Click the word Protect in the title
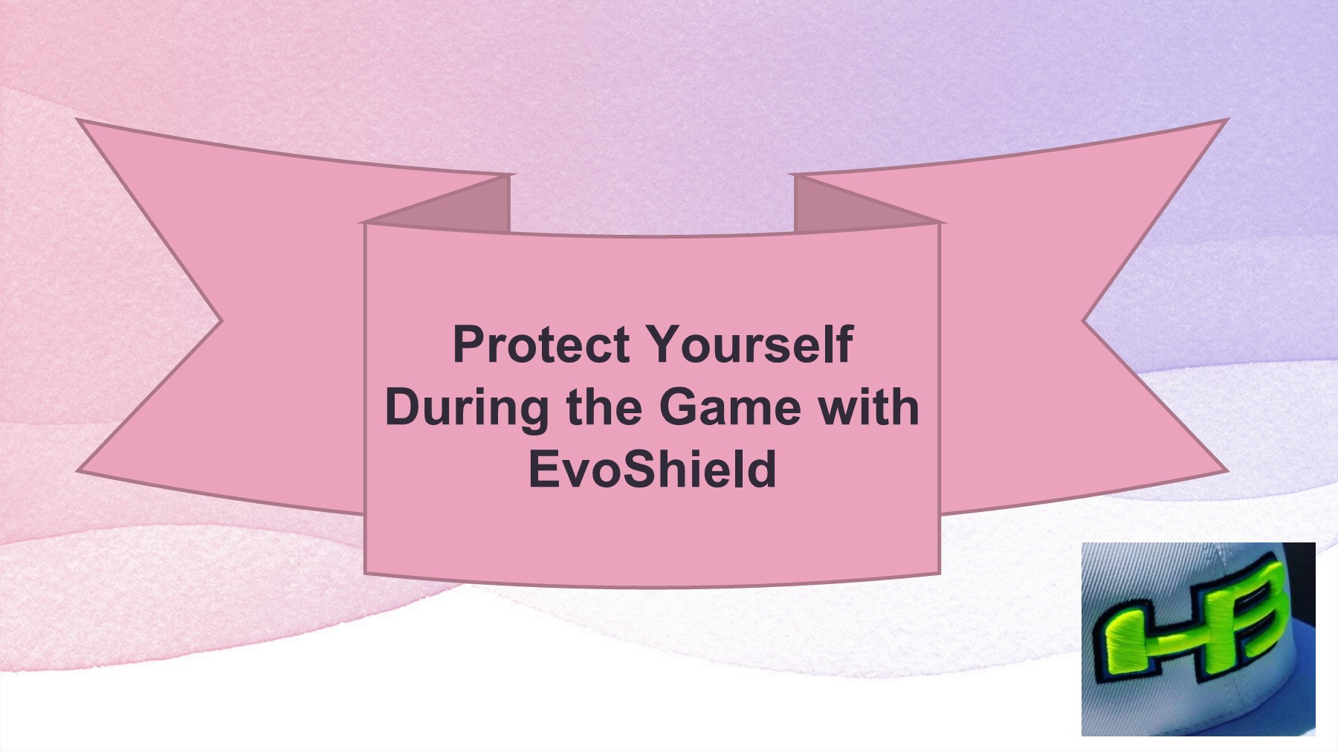pyautogui.click(x=541, y=344)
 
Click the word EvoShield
pyautogui.click(x=652, y=469)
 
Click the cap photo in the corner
pyautogui.click(x=1198, y=639)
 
